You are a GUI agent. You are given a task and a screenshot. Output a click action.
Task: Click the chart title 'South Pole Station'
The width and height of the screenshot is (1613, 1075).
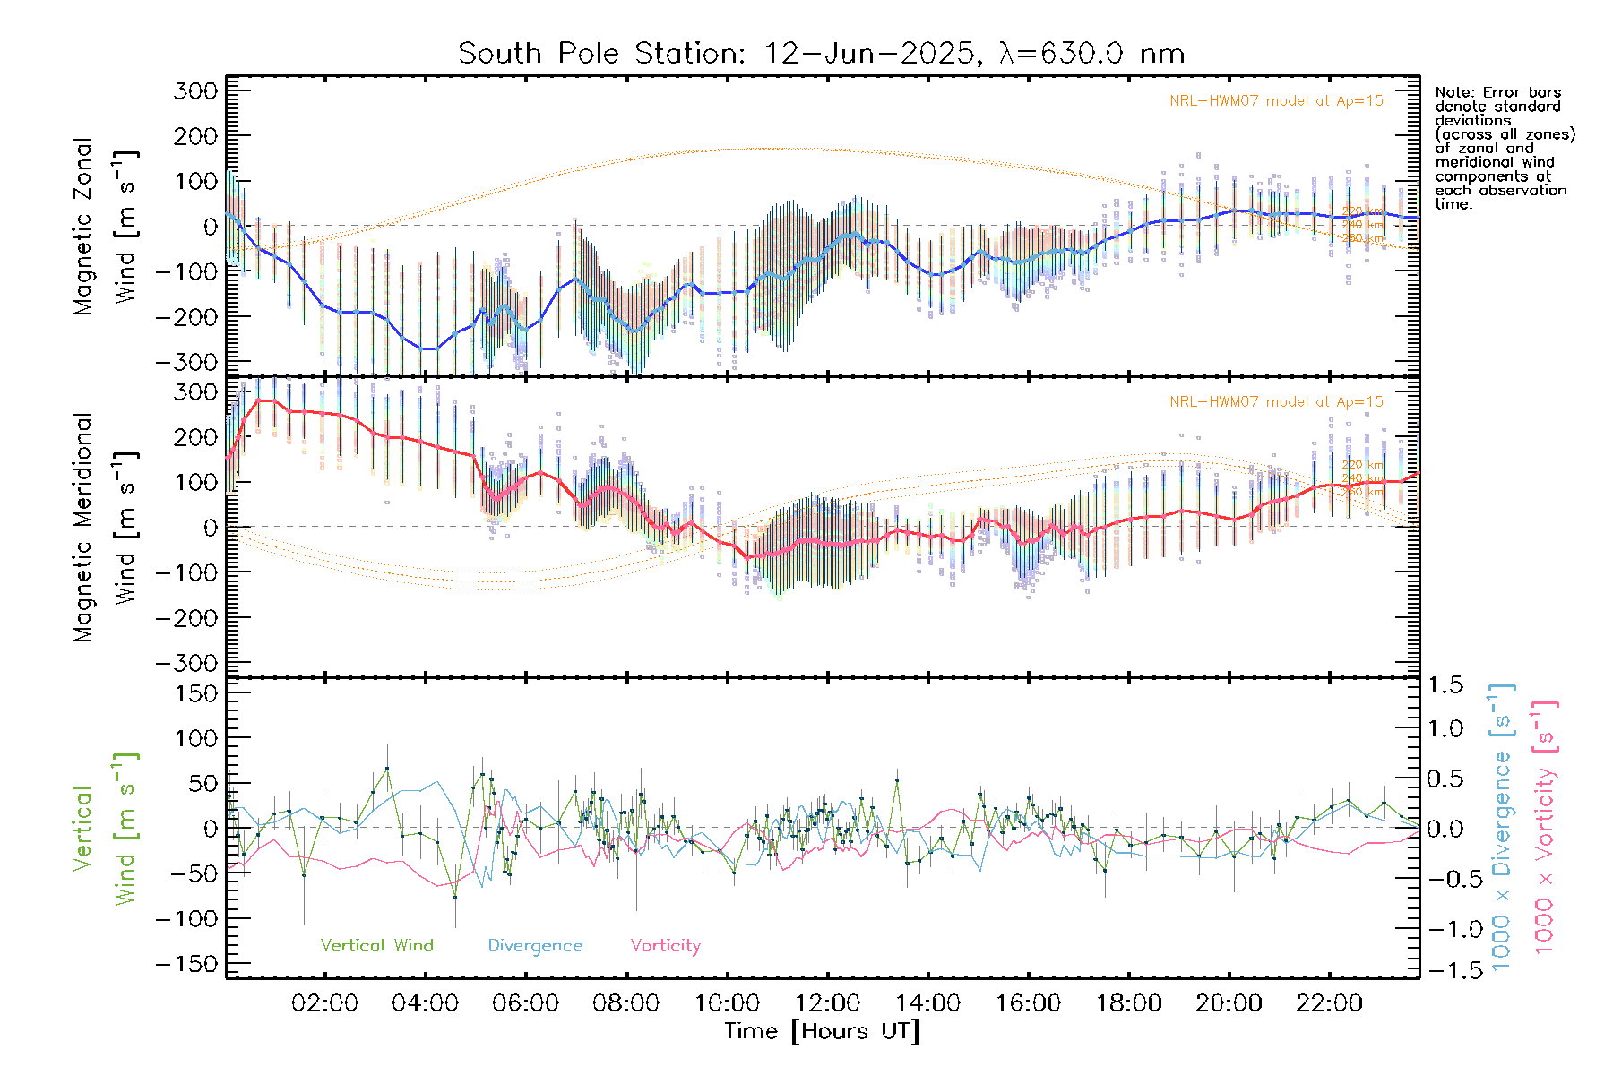(600, 54)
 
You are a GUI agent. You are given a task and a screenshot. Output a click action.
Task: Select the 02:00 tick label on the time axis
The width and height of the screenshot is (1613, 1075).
(324, 1003)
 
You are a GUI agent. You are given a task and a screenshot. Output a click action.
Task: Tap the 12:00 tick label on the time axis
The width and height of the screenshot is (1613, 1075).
(827, 1003)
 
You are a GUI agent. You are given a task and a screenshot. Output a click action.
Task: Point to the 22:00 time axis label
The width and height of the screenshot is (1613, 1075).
(1329, 1003)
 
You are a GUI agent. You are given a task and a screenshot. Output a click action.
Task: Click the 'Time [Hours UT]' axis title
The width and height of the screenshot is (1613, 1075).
(822, 1031)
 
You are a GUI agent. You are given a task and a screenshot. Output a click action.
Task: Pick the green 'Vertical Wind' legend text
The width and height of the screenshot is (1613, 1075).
(376, 946)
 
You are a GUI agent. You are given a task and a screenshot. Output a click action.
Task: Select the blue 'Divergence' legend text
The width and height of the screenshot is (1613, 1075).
(535, 946)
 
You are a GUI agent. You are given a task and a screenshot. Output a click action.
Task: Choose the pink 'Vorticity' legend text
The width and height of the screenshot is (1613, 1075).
(665, 946)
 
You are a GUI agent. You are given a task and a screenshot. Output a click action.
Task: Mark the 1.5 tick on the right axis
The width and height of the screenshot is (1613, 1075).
(1445, 685)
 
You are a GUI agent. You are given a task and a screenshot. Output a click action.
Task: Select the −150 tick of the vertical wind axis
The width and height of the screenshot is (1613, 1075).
(186, 964)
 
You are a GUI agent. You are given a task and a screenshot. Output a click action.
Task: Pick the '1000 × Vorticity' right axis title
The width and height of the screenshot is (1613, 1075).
(1545, 828)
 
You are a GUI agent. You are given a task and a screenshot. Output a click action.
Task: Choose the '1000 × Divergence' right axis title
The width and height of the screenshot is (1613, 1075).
(1502, 828)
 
